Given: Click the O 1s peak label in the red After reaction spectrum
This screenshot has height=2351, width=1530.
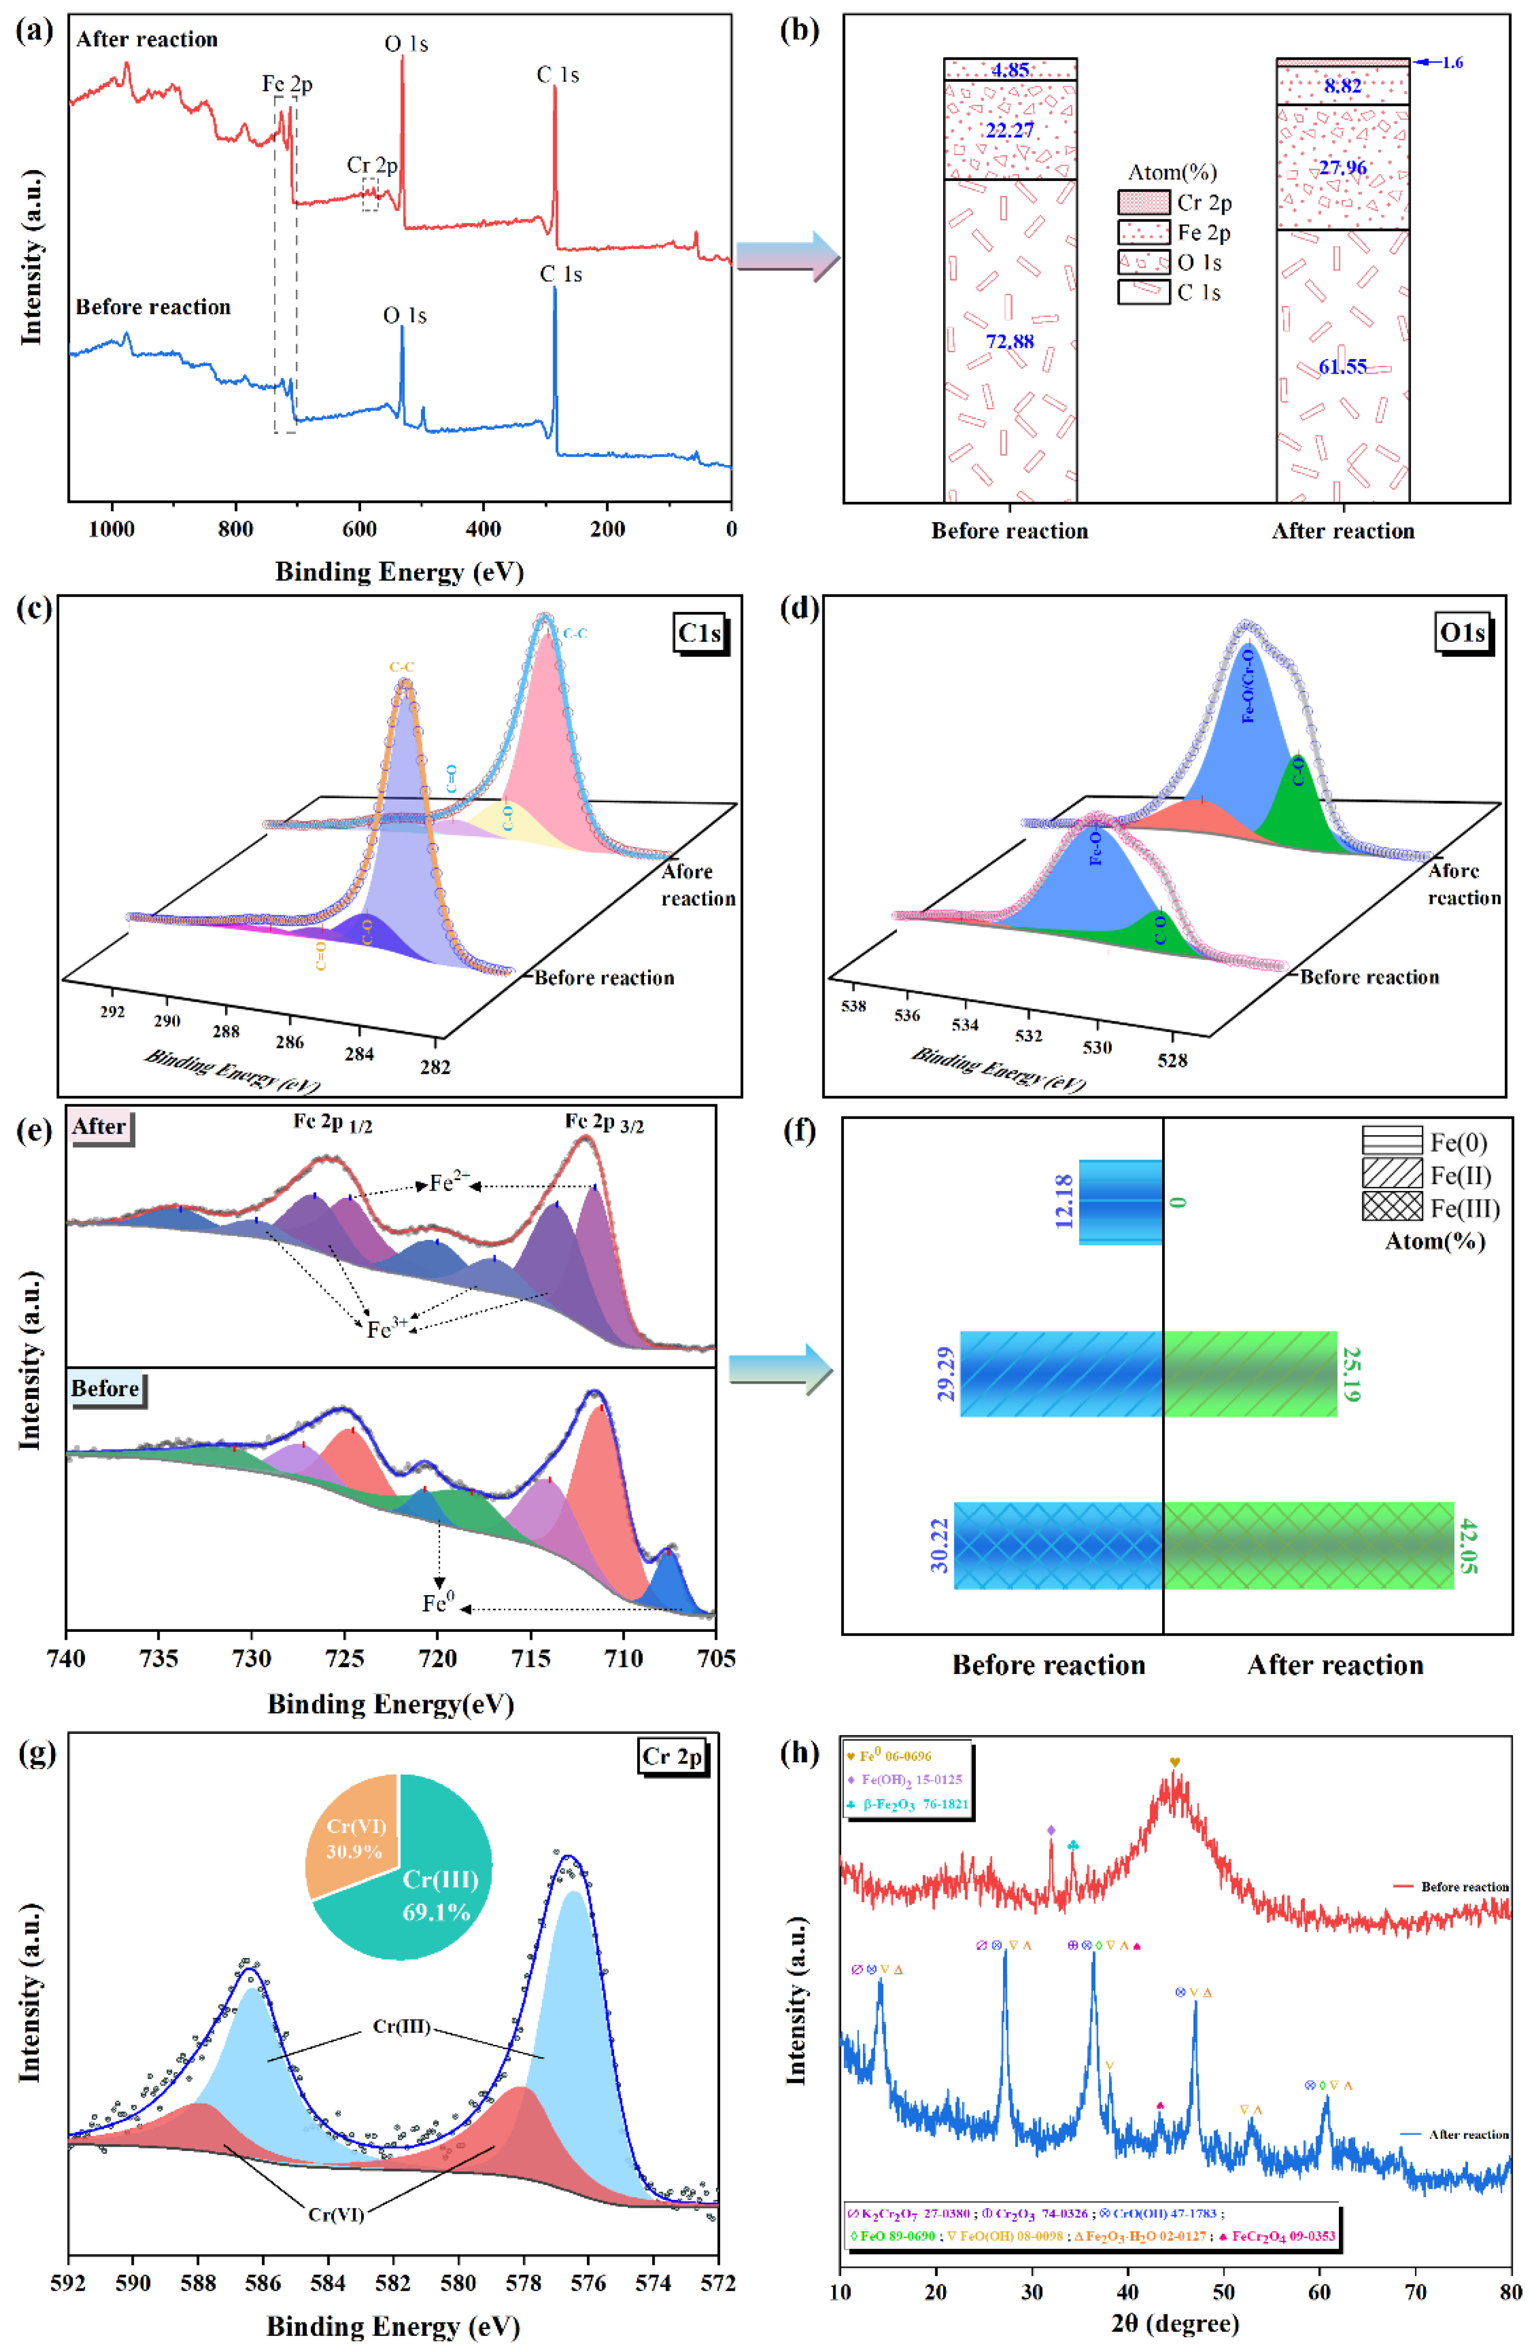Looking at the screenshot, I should pyautogui.click(x=406, y=45).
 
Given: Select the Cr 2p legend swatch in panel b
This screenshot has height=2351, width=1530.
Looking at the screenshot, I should pyautogui.click(x=1143, y=203).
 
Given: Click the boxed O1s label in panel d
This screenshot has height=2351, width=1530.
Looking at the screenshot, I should pyautogui.click(x=1462, y=633).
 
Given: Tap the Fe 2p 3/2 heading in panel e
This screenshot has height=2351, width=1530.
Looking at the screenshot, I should pyautogui.click(x=604, y=1122).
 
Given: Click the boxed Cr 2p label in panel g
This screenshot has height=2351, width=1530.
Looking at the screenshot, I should pyautogui.click(x=672, y=1756).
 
